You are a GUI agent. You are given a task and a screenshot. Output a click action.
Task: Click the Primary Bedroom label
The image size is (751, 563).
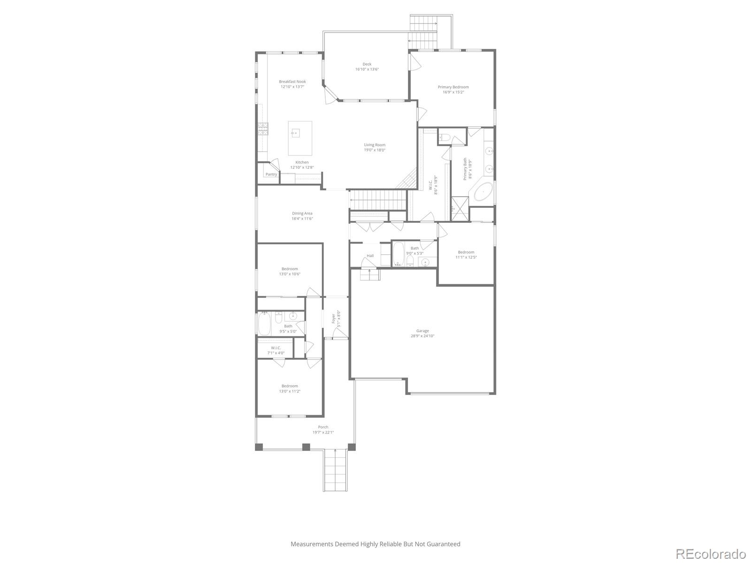pos(453,87)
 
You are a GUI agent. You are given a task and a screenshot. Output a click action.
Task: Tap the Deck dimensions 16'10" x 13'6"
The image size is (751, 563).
pos(367,69)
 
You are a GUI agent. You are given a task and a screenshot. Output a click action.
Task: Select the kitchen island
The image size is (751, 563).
pos(300,138)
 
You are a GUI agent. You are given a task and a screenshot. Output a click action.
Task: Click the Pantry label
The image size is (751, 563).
pos(271,175)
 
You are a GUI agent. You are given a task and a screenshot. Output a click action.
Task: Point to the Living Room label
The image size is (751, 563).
pos(375,145)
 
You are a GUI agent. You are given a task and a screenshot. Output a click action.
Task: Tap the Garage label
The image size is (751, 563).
pos(422,331)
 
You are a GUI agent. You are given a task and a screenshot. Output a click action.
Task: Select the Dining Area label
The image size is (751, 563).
pos(302,213)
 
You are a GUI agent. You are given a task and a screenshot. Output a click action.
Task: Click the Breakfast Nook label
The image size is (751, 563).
pos(292,82)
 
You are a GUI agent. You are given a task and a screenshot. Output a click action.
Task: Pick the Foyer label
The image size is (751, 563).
pos(334,318)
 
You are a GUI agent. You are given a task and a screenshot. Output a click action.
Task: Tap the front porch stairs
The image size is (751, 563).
pos(335,470)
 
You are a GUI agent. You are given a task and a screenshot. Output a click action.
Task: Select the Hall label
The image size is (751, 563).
pos(370,256)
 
